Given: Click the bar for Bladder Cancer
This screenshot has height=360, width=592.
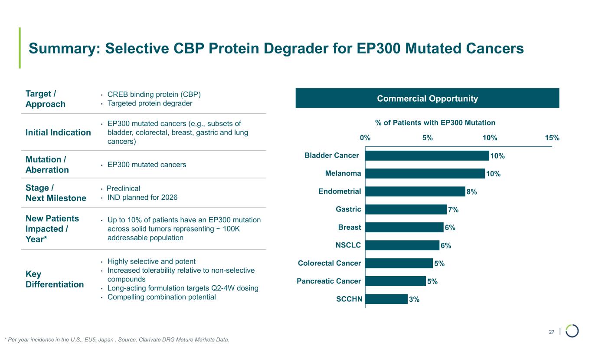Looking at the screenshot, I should [x=427, y=155].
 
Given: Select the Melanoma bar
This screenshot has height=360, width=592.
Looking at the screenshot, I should [x=425, y=174].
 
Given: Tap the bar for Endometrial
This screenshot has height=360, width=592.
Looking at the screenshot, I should [x=415, y=192].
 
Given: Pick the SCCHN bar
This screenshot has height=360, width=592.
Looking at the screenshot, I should [x=386, y=299].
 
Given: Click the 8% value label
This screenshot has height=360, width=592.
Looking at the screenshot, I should [x=472, y=192].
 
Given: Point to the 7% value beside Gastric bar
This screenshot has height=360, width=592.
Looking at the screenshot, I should [x=453, y=210].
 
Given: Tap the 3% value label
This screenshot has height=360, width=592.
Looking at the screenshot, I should [x=414, y=299].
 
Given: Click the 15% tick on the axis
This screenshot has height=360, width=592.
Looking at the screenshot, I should [x=552, y=138].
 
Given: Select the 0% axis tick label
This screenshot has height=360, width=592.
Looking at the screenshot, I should [x=365, y=138].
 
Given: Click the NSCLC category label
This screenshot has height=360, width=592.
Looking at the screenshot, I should [x=348, y=245].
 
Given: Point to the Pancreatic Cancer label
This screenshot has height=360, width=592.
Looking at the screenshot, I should [x=329, y=281].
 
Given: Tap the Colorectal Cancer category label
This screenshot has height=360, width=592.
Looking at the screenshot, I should [x=330, y=263].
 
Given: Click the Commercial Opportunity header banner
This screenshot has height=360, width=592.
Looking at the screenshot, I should [x=427, y=99].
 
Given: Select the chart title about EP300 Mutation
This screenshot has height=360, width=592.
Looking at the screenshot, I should [x=435, y=123].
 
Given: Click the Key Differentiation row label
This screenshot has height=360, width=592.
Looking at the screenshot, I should [x=55, y=279].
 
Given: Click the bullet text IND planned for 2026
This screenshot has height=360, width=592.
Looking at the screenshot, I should [x=142, y=198].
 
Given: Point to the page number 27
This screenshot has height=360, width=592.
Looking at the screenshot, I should [x=551, y=332].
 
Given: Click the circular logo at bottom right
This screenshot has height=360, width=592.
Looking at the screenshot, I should [x=572, y=331].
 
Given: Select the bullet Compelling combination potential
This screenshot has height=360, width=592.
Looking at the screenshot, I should [x=161, y=297].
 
